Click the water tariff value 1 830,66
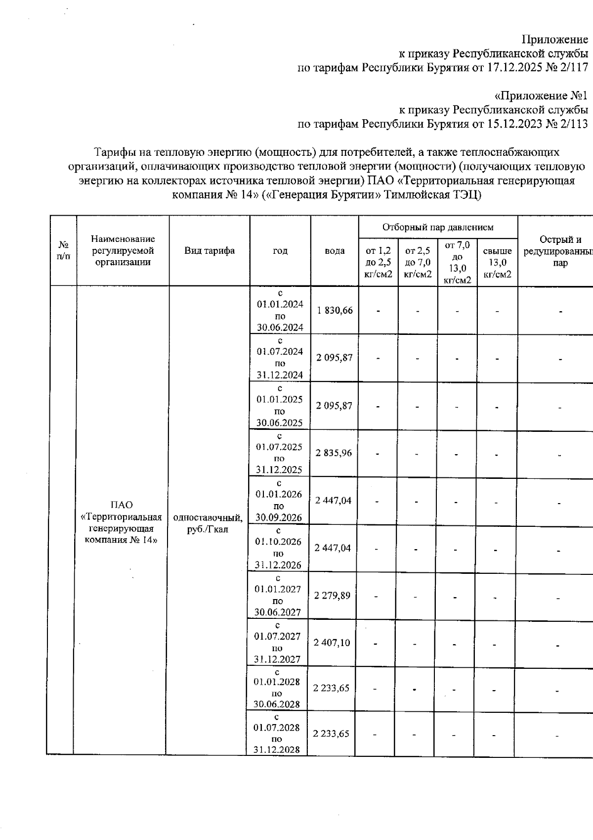[335, 310]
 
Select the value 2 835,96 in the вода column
[335, 453]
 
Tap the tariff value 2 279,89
[333, 595]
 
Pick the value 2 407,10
[332, 642]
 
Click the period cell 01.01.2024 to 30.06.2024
[280, 310]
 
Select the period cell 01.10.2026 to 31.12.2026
[278, 548]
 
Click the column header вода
[335, 251]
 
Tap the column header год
[280, 251]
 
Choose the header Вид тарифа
[210, 251]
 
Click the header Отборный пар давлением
[438, 227]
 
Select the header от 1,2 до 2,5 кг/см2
[378, 263]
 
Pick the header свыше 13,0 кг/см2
[497, 263]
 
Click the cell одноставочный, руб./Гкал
[208, 524]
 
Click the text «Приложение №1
[541, 95]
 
